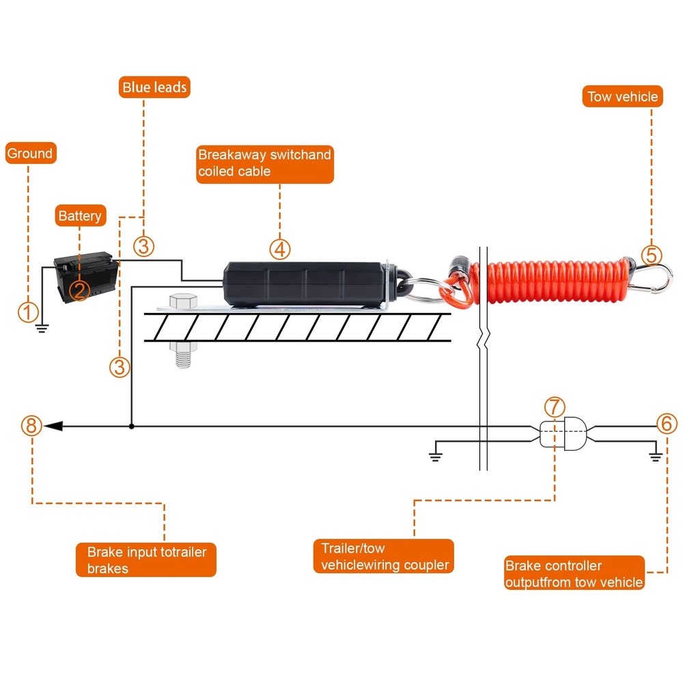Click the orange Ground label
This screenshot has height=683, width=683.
(x=30, y=154)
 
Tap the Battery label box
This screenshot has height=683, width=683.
(x=80, y=216)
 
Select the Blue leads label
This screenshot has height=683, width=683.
(x=154, y=87)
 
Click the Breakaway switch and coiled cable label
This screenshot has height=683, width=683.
(x=264, y=163)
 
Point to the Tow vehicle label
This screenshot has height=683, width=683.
(x=622, y=96)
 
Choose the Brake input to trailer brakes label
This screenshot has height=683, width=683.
(x=146, y=559)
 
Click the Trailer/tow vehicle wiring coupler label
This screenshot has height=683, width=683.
(x=385, y=557)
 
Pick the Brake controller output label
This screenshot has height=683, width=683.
(x=574, y=574)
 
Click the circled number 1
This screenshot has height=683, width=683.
(x=27, y=313)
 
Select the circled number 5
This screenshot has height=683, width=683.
(x=651, y=255)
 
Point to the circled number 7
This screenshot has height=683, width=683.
(x=555, y=407)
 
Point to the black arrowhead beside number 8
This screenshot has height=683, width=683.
(x=54, y=426)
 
